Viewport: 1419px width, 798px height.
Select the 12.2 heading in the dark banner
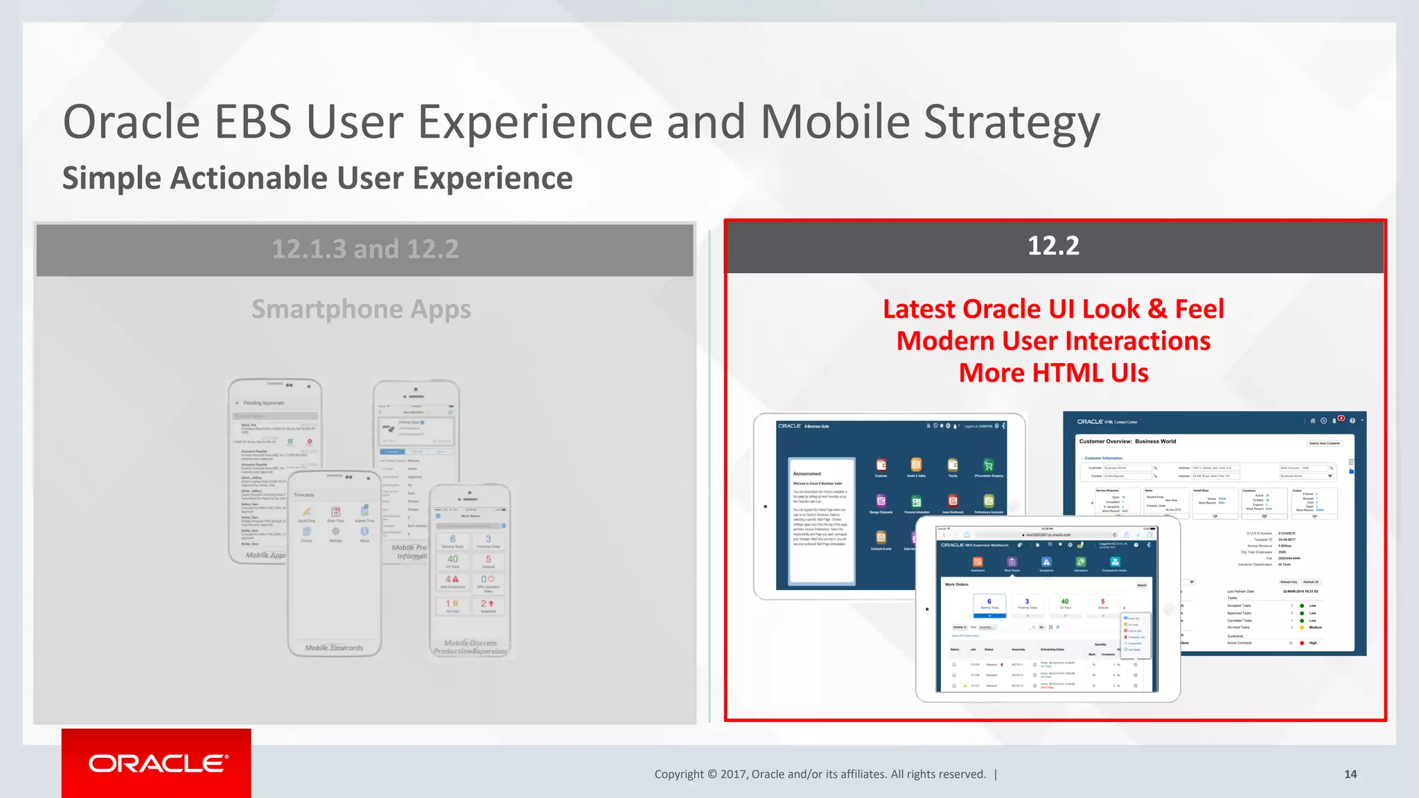pyautogui.click(x=1053, y=246)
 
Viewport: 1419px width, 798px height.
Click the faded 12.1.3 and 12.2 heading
pyautogui.click(x=365, y=249)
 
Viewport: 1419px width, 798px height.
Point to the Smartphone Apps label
pyautogui.click(x=361, y=309)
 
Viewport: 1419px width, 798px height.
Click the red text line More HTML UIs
pyautogui.click(x=1053, y=373)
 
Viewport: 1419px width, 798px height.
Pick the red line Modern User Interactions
pyautogui.click(x=1053, y=341)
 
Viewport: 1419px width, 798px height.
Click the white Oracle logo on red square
pyautogui.click(x=157, y=763)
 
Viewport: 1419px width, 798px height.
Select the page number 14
pyautogui.click(x=1350, y=774)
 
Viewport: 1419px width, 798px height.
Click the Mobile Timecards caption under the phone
pyautogui.click(x=334, y=648)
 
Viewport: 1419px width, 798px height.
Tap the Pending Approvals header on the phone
pyautogui.click(x=263, y=402)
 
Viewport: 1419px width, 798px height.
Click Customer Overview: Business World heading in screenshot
pyautogui.click(x=1127, y=441)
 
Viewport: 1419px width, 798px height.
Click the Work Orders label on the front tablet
pyautogui.click(x=956, y=585)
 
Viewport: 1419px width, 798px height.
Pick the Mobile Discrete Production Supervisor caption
pyautogui.click(x=470, y=647)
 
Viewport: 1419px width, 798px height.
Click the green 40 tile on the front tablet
pyautogui.click(x=1065, y=603)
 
